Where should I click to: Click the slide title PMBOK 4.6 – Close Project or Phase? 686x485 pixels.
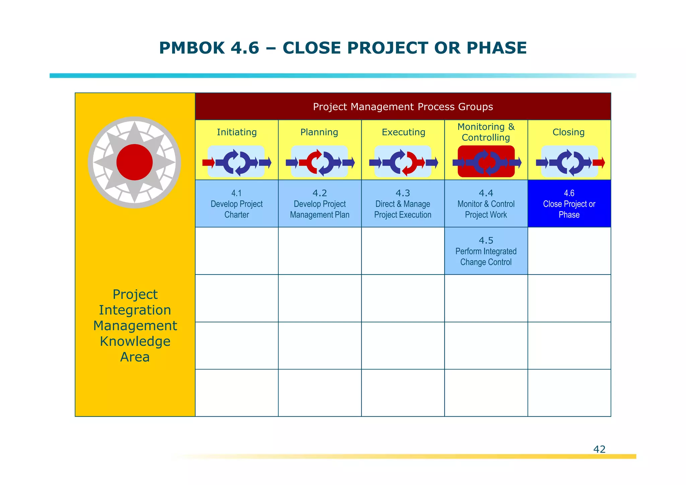[343, 48]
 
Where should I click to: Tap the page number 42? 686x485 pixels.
[599, 449]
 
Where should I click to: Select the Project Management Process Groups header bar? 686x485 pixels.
[403, 107]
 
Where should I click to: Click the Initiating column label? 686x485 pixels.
[236, 132]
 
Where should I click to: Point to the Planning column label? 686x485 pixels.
[319, 132]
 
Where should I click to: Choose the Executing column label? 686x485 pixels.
[403, 132]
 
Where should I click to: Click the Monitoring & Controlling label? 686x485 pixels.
[486, 132]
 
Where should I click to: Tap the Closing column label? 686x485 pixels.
[568, 132]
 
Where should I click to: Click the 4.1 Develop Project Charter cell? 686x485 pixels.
[236, 204]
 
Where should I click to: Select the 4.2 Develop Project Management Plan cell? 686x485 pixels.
[320, 204]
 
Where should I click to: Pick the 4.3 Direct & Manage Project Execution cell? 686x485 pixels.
[403, 204]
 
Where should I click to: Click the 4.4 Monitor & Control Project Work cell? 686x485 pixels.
[486, 204]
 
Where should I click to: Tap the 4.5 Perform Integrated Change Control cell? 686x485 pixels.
[486, 251]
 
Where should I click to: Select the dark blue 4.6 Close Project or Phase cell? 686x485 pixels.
[569, 204]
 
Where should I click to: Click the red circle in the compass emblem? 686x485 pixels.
[134, 162]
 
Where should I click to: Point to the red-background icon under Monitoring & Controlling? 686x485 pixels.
[486, 162]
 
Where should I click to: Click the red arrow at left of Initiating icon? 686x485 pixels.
[208, 163]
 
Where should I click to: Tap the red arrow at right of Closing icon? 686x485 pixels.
[599, 163]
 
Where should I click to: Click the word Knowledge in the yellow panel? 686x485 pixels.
[135, 341]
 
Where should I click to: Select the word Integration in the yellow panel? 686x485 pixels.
[135, 310]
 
